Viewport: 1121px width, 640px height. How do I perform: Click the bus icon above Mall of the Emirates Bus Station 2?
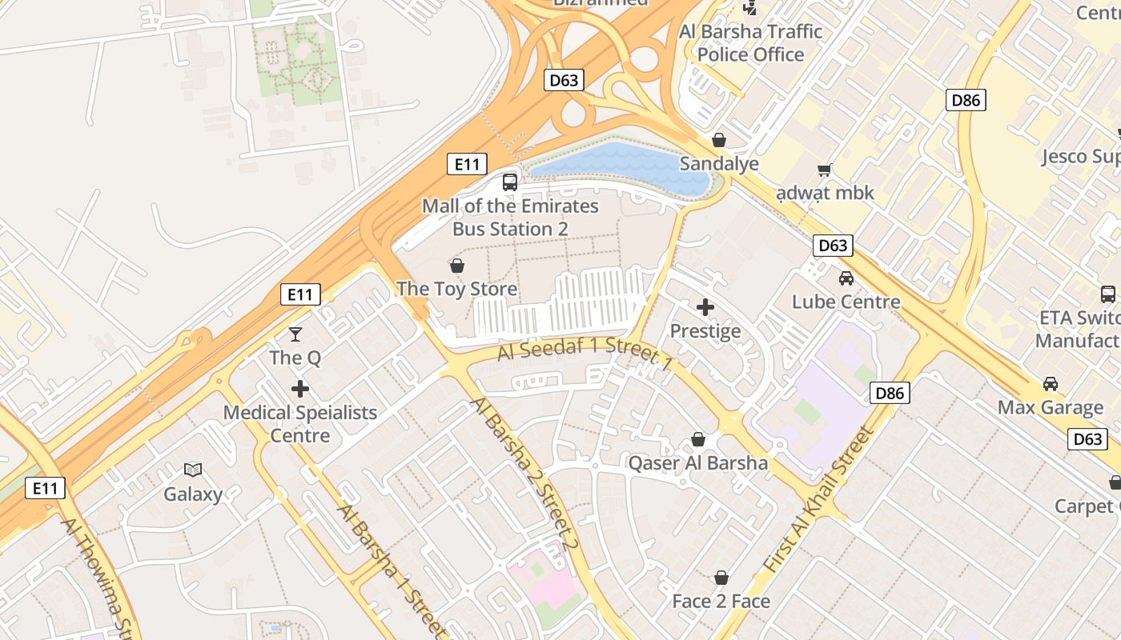[510, 182]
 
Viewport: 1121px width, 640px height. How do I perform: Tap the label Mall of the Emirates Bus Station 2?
[510, 218]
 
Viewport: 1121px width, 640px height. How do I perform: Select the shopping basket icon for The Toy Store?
[457, 266]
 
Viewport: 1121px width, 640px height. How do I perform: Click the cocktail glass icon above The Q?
[295, 334]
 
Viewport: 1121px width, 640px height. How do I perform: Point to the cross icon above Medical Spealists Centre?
[300, 390]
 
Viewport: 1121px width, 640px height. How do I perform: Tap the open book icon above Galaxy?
[193, 470]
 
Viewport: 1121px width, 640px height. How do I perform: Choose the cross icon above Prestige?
[705, 307]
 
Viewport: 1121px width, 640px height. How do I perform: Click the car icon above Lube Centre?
[846, 278]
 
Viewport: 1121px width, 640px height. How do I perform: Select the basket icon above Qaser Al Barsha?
[698, 440]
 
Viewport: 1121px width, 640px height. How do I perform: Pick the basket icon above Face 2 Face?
[721, 578]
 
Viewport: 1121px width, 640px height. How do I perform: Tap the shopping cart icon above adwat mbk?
[825, 170]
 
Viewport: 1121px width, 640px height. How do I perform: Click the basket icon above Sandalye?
[719, 140]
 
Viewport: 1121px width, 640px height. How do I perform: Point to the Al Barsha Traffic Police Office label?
[750, 43]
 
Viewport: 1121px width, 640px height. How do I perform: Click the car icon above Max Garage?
[1051, 384]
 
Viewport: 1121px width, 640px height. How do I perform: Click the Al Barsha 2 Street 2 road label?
[525, 472]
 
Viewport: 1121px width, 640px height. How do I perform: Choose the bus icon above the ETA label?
[1108, 294]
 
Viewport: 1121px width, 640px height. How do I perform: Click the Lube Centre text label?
[846, 302]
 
